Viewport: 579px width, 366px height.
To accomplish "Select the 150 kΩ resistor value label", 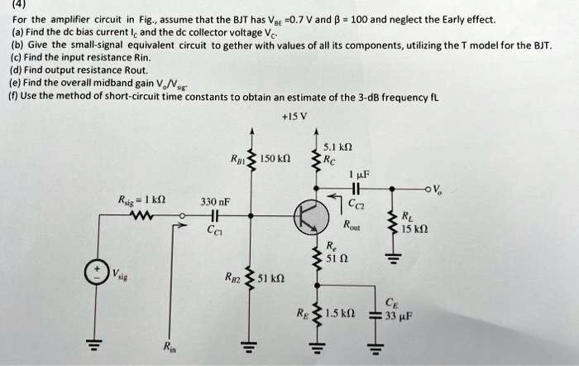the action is coord(275,159).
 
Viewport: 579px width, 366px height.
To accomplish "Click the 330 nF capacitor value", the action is coord(215,202).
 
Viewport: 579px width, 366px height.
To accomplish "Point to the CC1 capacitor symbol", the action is coord(215,215).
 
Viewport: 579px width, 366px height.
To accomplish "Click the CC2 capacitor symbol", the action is coord(356,189).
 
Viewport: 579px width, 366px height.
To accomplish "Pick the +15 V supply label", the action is coord(294,117).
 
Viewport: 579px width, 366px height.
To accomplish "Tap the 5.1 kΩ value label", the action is coord(337,147).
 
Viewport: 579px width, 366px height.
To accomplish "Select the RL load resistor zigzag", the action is coord(392,222).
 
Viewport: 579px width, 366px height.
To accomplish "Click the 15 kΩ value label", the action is coord(414,229).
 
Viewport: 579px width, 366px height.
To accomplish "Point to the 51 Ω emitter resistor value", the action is coord(337,258).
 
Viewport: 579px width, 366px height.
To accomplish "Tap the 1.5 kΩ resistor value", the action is coord(340,314).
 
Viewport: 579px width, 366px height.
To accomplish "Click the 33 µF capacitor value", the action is coord(400,316).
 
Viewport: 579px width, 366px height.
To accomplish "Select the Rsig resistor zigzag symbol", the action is coord(141,214).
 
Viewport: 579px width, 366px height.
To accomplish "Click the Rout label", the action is coord(352,224).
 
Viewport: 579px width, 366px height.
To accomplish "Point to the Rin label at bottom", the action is coord(170,347).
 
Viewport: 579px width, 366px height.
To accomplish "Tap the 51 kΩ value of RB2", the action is coord(270,277).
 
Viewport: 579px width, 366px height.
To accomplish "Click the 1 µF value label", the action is coord(359,174).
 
